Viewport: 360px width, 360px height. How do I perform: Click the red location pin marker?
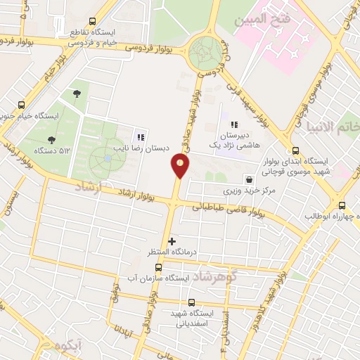[180, 166]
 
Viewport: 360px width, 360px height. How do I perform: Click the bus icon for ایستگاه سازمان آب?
[158, 267]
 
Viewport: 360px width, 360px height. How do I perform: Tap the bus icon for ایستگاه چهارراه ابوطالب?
[342, 205]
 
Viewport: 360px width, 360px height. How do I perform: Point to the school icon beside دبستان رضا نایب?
[141, 137]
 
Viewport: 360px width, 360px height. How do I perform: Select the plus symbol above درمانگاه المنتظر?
[172, 241]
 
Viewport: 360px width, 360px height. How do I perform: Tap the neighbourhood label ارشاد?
[88, 187]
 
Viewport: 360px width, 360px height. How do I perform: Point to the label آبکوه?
[68, 345]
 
